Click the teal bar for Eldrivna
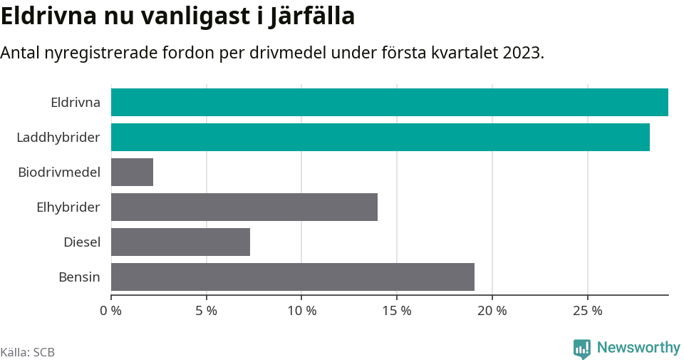point(389,102)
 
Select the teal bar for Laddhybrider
point(380,137)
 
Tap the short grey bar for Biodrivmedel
point(132,172)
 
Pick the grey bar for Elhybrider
point(244,207)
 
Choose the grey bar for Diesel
point(180,242)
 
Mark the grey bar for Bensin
point(292,277)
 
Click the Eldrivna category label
point(76,102)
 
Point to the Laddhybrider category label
point(58,137)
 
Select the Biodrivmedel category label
point(59,172)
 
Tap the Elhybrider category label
point(68,207)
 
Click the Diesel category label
point(82,242)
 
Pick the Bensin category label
point(79,277)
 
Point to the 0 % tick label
point(111,311)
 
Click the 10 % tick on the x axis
point(301,311)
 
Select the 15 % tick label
point(397,311)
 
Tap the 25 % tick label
point(587,311)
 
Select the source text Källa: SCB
point(28,352)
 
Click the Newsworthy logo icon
point(581,349)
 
